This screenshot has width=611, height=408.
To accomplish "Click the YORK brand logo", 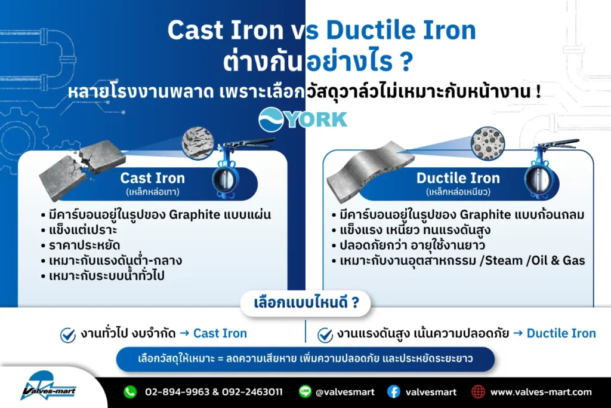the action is tap(303, 119).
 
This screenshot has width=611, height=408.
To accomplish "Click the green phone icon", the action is tap(130, 392).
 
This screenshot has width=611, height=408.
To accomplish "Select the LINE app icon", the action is tap(305, 391).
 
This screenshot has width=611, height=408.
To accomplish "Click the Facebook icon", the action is tap(394, 392).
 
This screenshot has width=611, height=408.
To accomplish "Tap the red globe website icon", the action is tap(478, 392).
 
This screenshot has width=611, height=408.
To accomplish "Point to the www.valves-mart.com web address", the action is tap(541, 392).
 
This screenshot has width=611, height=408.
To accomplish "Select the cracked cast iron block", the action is tap(82, 170).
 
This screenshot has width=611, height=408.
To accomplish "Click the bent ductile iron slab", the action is tap(370, 171).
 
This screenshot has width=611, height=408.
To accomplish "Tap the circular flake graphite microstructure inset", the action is tap(198, 143).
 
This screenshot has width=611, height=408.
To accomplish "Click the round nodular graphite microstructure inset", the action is tap(487, 143).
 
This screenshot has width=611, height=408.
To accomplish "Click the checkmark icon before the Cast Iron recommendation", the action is tap(68, 335).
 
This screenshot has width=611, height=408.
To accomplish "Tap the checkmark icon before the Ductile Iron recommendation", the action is tap(325, 335).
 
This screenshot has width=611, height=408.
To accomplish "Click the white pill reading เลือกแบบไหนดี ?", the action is tap(306, 303).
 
